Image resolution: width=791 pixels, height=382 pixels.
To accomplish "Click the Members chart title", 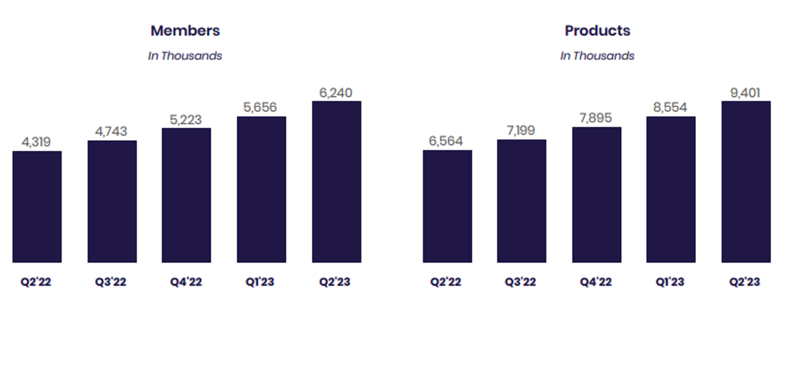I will (185, 31).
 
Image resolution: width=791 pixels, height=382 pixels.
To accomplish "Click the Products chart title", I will (597, 31).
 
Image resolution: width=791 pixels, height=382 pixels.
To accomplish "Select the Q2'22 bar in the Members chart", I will (37, 207).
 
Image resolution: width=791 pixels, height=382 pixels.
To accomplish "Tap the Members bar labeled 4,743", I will (112, 201).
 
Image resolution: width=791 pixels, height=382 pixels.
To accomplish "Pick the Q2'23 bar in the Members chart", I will (337, 182).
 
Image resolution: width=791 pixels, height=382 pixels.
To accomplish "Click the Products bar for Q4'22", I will (596, 195).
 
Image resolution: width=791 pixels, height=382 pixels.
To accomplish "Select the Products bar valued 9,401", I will (746, 182).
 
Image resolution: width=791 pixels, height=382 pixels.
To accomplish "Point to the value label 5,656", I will (260, 107).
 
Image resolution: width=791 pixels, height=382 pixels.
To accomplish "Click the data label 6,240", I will (336, 93).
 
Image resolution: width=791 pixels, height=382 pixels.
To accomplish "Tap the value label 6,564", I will (446, 141).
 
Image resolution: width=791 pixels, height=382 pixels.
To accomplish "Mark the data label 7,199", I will (521, 131).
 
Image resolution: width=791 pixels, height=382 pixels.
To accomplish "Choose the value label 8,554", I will (670, 107).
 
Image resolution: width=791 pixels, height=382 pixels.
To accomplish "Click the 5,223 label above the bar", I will (186, 120).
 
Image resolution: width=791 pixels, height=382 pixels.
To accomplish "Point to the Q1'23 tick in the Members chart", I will (260, 282).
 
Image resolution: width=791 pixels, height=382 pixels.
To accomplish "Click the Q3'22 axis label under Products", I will (520, 282).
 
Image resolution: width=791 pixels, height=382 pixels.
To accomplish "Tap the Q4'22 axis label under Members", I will (186, 282).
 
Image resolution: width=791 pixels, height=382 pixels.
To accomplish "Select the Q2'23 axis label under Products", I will (744, 282).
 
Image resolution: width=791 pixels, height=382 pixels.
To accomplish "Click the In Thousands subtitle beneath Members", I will (185, 56).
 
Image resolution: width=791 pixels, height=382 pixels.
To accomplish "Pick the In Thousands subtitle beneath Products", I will (597, 56).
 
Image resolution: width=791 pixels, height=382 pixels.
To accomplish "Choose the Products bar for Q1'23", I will (671, 189).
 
